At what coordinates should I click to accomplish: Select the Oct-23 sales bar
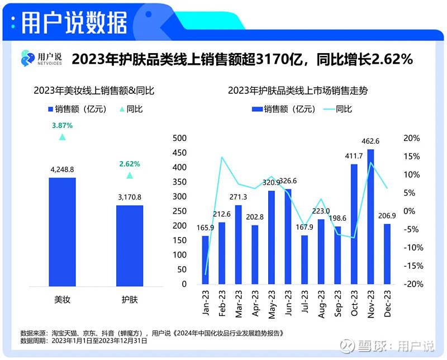(354, 224)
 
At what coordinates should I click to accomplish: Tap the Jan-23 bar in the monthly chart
(205, 260)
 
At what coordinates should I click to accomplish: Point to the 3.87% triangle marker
(62, 137)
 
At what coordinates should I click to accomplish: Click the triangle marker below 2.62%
(130, 176)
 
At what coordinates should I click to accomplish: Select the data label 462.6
(370, 141)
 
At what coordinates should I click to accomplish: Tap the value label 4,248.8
(62, 169)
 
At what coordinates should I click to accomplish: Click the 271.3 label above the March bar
(238, 197)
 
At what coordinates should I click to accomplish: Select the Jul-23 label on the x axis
(305, 304)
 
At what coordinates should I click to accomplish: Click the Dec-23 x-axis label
(387, 304)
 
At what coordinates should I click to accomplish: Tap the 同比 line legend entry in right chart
(337, 109)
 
